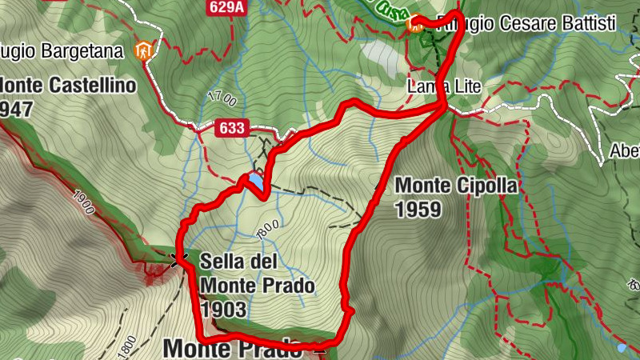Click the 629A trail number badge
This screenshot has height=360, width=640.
tap(226, 8)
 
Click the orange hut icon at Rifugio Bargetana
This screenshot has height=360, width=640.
tap(144, 51)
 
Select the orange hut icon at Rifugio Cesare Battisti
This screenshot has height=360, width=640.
tap(414, 24)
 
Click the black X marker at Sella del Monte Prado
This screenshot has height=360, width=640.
tap(178, 258)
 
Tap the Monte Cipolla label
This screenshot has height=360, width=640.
tap(456, 186)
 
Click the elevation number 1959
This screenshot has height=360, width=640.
tap(418, 210)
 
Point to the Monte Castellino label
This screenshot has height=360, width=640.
tap(67, 84)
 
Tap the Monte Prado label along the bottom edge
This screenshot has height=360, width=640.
tap(232, 349)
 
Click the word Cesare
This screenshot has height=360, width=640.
tap(527, 23)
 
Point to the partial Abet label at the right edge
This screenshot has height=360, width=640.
tap(625, 150)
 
